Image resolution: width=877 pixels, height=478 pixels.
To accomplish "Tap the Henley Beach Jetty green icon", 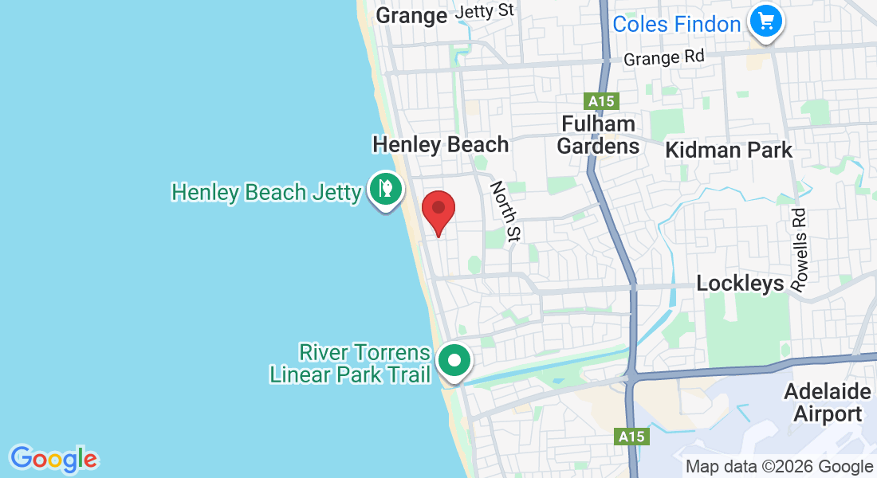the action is pyautogui.click(x=386, y=190).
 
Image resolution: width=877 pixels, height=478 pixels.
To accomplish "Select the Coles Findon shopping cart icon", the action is pyautogui.click(x=766, y=21).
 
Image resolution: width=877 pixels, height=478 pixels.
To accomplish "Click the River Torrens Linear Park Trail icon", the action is pyautogui.click(x=454, y=360).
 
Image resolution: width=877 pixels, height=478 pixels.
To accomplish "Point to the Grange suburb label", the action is pyautogui.click(x=411, y=15).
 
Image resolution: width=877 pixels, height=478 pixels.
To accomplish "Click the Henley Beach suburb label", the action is pyautogui.click(x=440, y=144).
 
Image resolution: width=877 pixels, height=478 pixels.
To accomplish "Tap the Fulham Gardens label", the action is pyautogui.click(x=598, y=135).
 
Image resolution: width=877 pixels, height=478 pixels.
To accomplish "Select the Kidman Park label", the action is pyautogui.click(x=729, y=150).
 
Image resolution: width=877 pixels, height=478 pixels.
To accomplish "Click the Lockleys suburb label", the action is pyautogui.click(x=740, y=284).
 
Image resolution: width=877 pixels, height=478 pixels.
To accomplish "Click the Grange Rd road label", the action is pyautogui.click(x=664, y=58).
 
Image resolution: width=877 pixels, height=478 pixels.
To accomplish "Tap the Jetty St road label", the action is pyautogui.click(x=484, y=10).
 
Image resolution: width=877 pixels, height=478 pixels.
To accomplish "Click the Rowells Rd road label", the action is pyautogui.click(x=799, y=249).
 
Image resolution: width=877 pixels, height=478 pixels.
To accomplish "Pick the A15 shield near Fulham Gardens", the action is pyautogui.click(x=601, y=101).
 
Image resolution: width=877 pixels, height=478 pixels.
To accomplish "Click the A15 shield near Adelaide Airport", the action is pyautogui.click(x=633, y=437).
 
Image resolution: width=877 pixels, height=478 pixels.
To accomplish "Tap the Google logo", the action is pyautogui.click(x=53, y=459).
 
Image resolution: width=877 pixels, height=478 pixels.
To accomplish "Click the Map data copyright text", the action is pyautogui.click(x=779, y=467).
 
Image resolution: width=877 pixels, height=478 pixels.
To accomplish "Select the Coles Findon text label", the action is pyautogui.click(x=676, y=24).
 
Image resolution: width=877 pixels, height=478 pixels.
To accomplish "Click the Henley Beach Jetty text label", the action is pyautogui.click(x=266, y=192).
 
